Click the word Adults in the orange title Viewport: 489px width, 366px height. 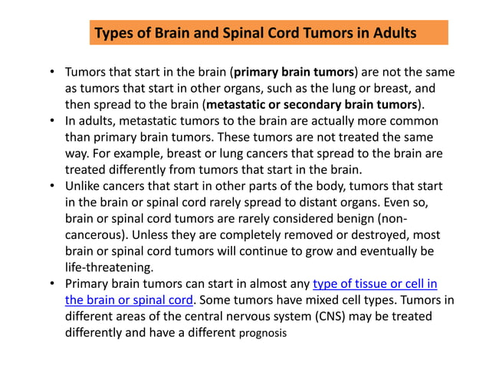coord(394,34)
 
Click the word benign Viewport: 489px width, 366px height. coord(371,219)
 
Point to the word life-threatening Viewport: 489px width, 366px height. coord(108,268)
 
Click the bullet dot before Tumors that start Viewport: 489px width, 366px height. coord(52,74)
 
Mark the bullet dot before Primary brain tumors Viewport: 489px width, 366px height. coord(52,284)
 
